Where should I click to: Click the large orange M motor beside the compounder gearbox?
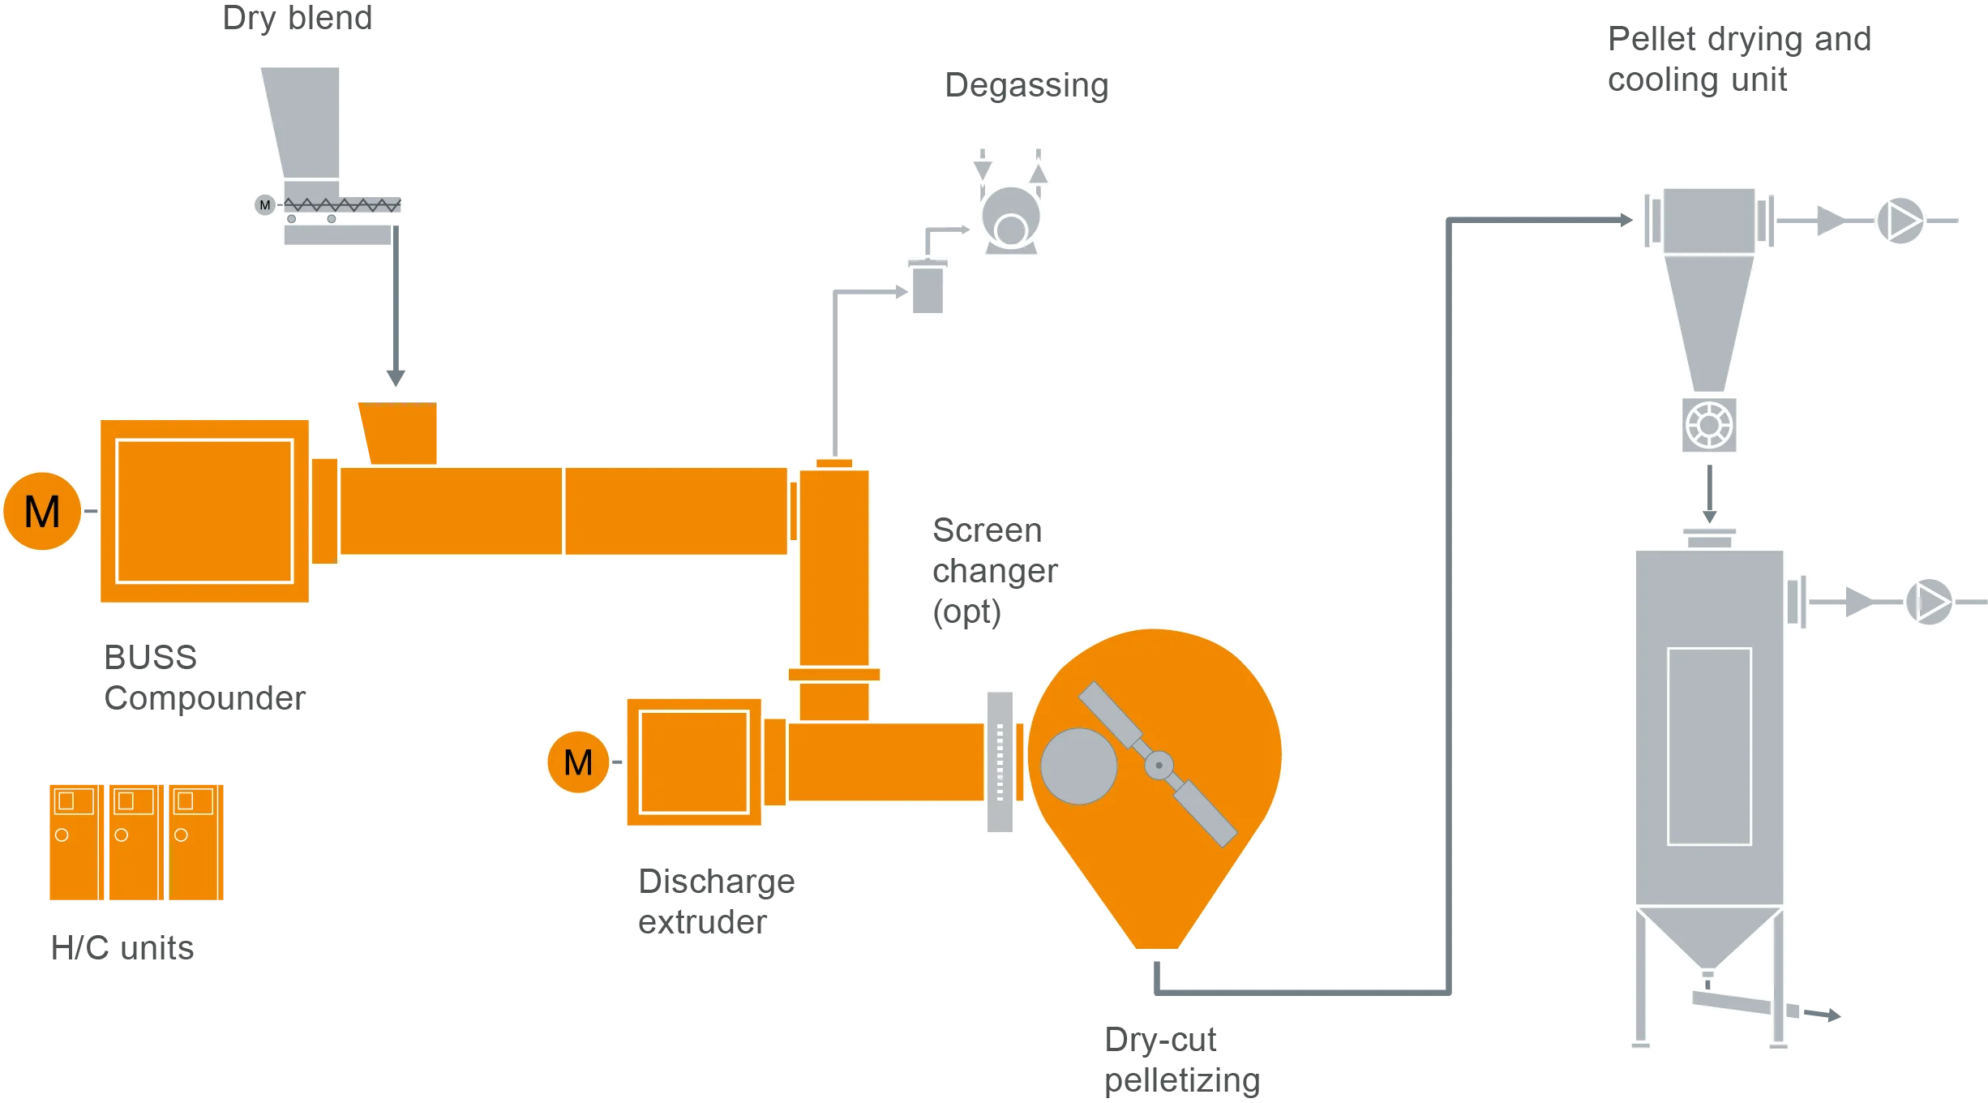(42, 511)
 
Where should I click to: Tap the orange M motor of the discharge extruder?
(578, 762)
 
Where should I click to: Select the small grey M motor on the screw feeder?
(265, 205)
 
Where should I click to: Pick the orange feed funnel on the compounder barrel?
(400, 431)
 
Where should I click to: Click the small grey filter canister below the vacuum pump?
(928, 288)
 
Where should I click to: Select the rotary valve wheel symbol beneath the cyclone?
(1708, 425)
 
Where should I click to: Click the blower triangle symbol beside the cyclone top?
(1900, 221)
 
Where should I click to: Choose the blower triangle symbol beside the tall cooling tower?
(1930, 602)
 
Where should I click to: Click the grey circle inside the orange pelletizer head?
(1078, 766)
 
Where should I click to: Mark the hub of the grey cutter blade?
(1159, 765)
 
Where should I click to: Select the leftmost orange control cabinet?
(73, 840)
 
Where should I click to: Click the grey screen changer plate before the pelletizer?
(1000, 761)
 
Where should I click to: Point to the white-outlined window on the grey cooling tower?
(1709, 746)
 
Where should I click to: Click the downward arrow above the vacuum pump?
(983, 168)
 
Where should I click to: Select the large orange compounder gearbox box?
(204, 511)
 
